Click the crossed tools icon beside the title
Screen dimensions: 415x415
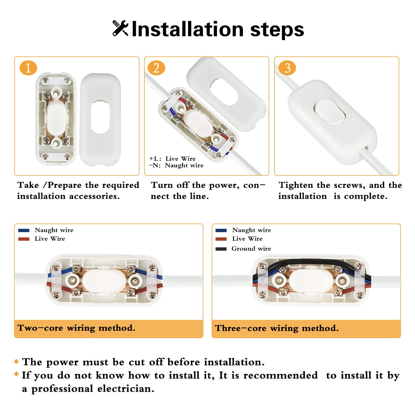[120, 28]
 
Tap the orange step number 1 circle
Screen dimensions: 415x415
[28, 68]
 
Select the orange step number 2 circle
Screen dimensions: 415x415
[156, 68]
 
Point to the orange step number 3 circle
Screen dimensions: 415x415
[287, 68]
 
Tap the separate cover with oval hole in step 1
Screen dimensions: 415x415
[100, 119]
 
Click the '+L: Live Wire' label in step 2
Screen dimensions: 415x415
[172, 159]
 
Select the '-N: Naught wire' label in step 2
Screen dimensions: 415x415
[176, 165]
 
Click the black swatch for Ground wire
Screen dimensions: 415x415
[221, 249]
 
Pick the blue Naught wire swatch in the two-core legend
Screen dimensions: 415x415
[24, 230]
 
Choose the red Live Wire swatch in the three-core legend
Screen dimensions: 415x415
[221, 239]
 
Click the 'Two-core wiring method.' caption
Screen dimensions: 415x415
[76, 328]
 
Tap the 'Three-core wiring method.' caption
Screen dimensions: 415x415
[277, 328]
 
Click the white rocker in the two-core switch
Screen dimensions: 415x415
[103, 281]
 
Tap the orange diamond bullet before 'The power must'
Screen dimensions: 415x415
[16, 361]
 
